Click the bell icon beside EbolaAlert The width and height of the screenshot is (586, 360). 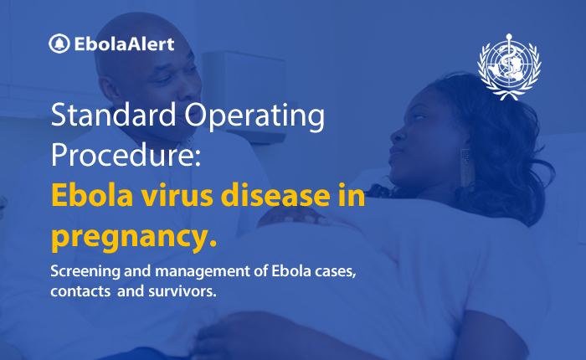[59, 44]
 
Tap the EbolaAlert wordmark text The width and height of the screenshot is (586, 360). [124, 44]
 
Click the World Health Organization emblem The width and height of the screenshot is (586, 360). [509, 67]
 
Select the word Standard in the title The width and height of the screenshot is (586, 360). [113, 115]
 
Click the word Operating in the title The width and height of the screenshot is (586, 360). [254, 116]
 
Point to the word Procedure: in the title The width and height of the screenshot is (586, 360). [126, 155]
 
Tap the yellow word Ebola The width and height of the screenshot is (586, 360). [92, 195]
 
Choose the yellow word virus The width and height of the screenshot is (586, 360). [177, 196]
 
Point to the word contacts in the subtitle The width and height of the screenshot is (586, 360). [80, 291]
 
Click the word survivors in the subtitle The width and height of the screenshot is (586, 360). [182, 291]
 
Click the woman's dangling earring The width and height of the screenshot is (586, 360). [465, 167]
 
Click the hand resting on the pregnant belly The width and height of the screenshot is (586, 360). [296, 216]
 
